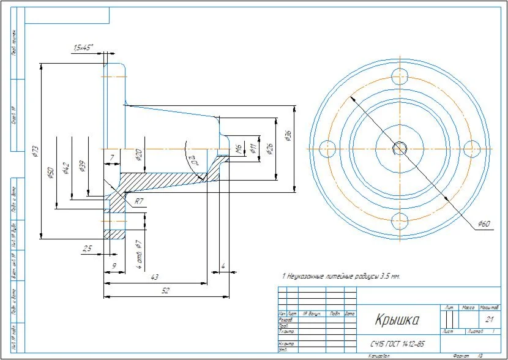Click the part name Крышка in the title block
tap(397, 321)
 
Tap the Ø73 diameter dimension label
tap(35, 151)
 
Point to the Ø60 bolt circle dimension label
tap(485, 225)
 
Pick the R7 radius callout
tap(140, 201)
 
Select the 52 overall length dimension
tap(165, 291)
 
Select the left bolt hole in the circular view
tap(327, 148)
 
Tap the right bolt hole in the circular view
tap(472, 148)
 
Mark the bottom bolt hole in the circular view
tap(400, 220)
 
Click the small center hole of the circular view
tap(400, 148)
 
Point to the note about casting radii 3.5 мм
tap(340, 276)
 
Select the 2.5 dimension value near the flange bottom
tap(87, 248)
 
